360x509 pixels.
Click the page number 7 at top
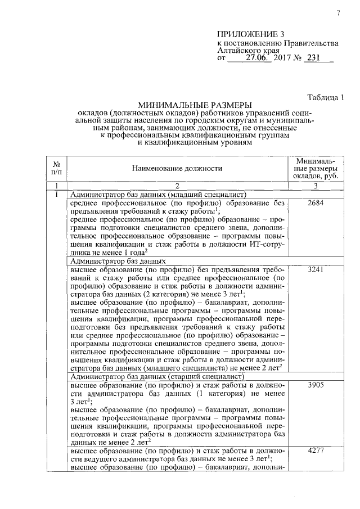point(339,13)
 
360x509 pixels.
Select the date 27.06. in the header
point(258,57)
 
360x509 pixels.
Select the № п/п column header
point(56,168)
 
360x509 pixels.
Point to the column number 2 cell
point(177,186)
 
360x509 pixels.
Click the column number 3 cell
point(316,186)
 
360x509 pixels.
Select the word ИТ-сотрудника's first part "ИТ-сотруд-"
point(265,245)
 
